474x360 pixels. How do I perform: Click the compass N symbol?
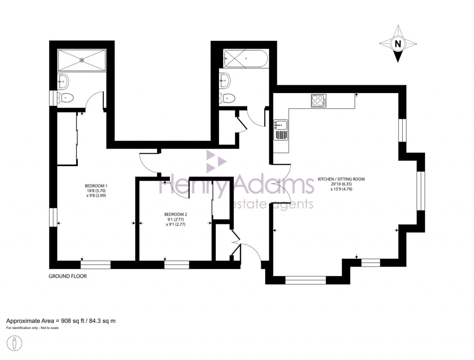[397, 44]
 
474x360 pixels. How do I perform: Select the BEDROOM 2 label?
[175, 214]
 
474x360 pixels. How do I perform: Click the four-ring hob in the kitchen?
[318, 100]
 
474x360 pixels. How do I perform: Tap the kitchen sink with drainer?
[281, 130]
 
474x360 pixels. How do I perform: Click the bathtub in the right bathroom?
[244, 59]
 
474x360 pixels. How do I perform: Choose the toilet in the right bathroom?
[228, 98]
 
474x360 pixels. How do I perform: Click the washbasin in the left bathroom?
[63, 81]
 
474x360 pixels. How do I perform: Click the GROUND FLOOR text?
[68, 276]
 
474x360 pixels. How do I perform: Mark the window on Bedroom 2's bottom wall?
[176, 265]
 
